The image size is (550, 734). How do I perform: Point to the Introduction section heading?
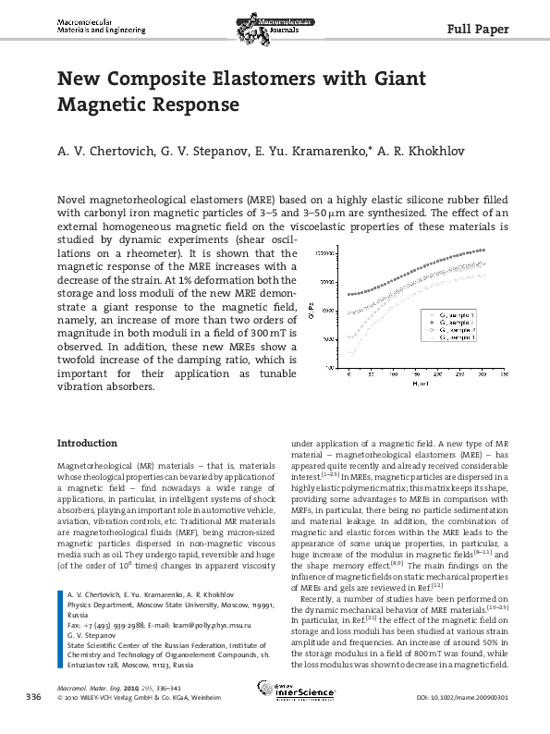87,443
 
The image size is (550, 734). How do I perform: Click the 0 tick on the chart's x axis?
348,374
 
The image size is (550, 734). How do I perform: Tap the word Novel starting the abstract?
75,200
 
